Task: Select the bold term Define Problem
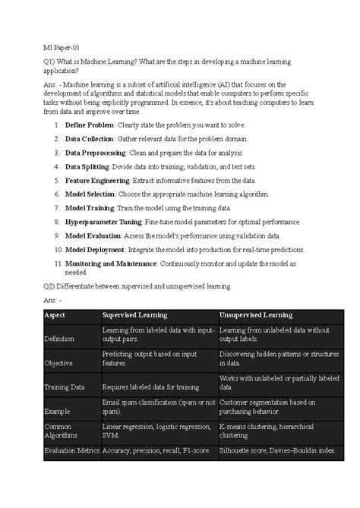pos(90,124)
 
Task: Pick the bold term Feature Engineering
pos(97,180)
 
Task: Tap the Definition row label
pos(60,339)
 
